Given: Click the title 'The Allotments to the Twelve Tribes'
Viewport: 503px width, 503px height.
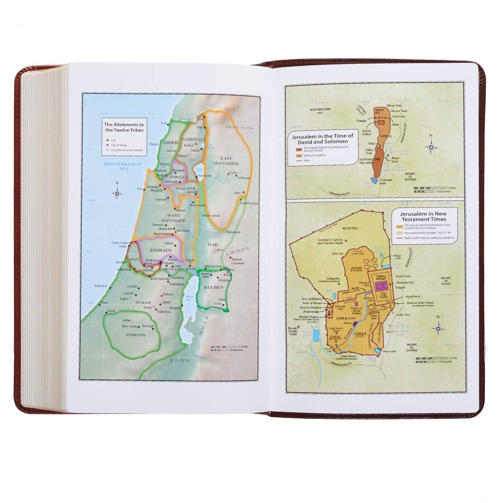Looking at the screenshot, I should point(124,127).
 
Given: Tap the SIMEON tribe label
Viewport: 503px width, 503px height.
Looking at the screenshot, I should point(135,335).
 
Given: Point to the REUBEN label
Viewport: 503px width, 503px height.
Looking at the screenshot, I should point(214,288).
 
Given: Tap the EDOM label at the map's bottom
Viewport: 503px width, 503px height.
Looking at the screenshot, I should point(180,360).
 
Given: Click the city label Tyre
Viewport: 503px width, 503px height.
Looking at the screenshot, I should point(163,123).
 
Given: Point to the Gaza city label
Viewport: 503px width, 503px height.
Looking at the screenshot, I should point(105,302).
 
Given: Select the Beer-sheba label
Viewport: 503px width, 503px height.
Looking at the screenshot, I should point(130,326).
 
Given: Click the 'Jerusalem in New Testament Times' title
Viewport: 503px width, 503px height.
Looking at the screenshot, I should point(424,216).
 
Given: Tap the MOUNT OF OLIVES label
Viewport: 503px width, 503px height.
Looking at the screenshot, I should point(446,281).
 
